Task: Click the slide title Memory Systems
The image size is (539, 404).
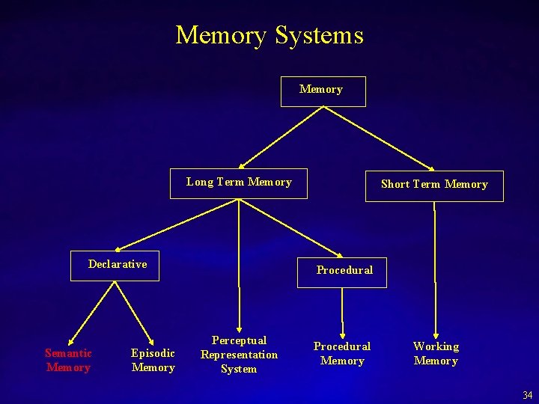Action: point(269,35)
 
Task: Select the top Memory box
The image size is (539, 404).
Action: point(322,91)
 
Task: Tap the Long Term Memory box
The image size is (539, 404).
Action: point(239,182)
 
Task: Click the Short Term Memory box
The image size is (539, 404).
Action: point(434,185)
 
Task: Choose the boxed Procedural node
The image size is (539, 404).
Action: point(344,270)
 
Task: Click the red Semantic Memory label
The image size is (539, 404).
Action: point(68,360)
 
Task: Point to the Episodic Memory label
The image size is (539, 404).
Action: point(153,360)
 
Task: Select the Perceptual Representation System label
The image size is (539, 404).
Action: point(239,355)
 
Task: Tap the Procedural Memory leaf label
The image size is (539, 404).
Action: point(341,353)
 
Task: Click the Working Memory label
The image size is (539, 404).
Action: point(436,353)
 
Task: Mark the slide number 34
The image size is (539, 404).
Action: point(528,395)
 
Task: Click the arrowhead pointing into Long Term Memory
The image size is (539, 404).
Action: point(243,165)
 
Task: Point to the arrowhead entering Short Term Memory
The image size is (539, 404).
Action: point(430,168)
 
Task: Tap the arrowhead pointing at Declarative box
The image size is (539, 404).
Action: point(118,248)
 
